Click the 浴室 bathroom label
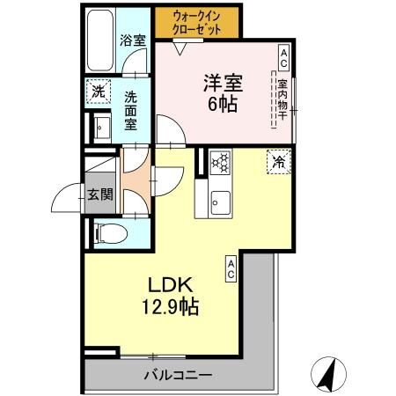132,40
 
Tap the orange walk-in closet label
197,21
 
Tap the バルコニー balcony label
178,376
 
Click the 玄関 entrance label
99,194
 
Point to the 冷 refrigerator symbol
278,162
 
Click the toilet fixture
107,232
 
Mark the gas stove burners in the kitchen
220,162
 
